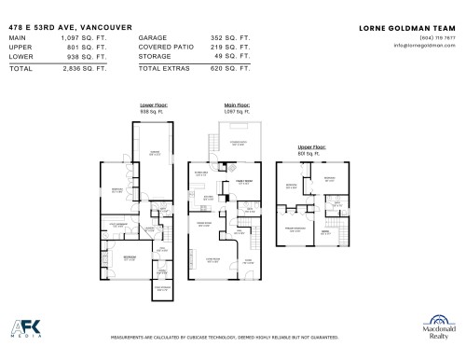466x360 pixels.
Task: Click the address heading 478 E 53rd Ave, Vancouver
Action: (x=64, y=28)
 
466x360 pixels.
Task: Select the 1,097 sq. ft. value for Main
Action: (x=87, y=37)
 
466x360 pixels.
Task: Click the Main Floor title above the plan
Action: (x=237, y=105)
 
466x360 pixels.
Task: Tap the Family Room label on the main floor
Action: (x=245, y=183)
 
